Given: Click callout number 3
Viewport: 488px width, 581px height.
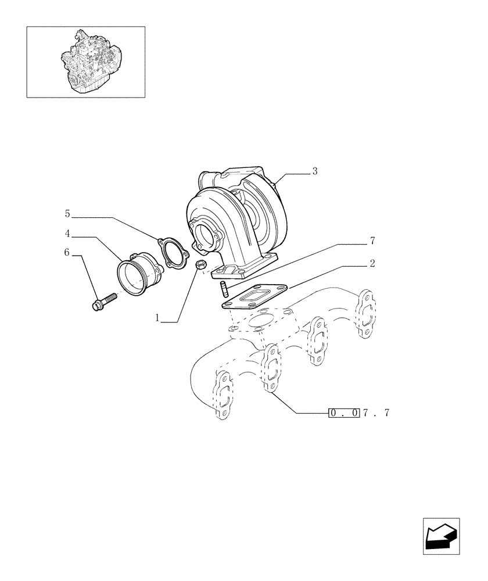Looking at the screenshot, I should [314, 171].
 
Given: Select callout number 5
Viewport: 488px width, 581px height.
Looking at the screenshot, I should [67, 214].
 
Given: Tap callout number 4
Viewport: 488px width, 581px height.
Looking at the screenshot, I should [67, 234].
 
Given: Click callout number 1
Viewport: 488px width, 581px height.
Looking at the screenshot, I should [157, 318].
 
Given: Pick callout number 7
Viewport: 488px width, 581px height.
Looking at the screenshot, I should [372, 241].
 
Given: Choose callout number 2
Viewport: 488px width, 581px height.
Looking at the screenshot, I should [372, 263].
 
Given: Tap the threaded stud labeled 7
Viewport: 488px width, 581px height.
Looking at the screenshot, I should [223, 288].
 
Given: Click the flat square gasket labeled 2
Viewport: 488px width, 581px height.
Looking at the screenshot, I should [253, 296].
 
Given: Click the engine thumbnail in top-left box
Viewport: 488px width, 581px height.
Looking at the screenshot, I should [85, 61].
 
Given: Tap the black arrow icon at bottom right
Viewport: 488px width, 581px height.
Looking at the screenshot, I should [441, 535].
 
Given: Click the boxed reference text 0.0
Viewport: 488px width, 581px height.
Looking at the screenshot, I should [343, 413].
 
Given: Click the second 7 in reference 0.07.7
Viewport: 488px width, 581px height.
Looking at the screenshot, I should [386, 413].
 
